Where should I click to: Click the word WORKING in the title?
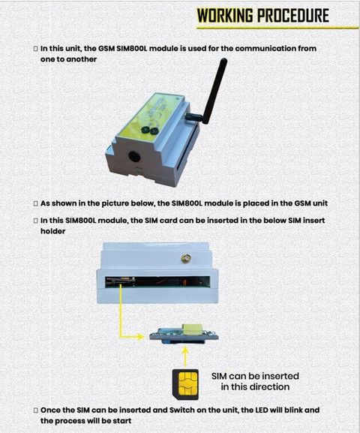(x=225, y=15)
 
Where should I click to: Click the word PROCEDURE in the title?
(x=293, y=15)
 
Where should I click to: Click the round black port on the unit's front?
(x=135, y=157)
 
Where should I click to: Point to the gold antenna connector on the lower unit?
(x=186, y=258)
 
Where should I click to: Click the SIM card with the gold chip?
(x=185, y=384)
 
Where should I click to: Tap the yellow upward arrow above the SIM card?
(x=185, y=357)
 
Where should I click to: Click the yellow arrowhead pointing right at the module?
(x=140, y=337)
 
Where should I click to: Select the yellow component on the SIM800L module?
(x=192, y=329)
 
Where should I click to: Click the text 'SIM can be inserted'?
(x=255, y=376)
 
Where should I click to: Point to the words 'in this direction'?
(x=255, y=387)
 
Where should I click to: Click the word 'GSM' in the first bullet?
(x=106, y=49)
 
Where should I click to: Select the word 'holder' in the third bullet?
(x=52, y=231)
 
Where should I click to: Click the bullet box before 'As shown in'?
(x=35, y=204)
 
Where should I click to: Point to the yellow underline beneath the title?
(x=277, y=28)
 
